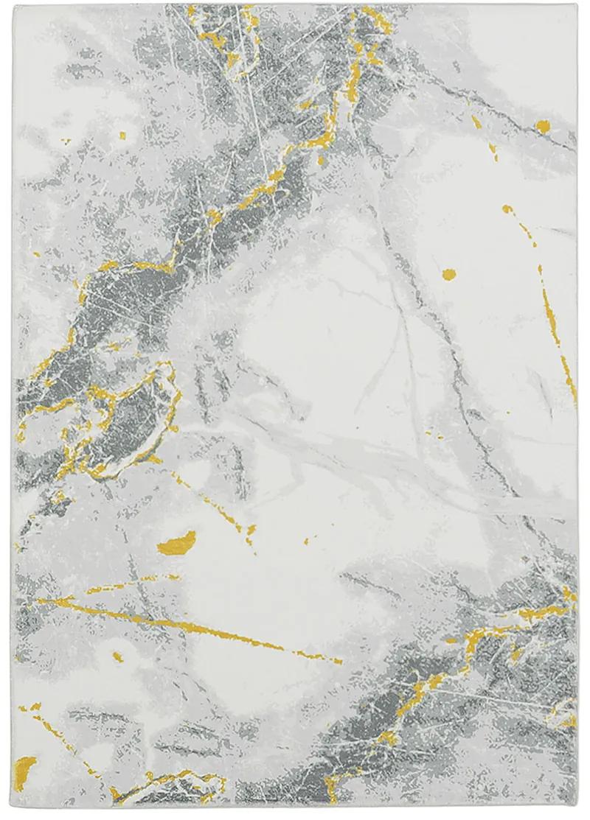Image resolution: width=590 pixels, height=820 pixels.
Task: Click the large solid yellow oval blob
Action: [x=177, y=542]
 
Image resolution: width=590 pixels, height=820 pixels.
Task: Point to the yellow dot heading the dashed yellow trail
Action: [x=507, y=210]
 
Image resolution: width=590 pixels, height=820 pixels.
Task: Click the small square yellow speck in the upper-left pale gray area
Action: [x=122, y=137]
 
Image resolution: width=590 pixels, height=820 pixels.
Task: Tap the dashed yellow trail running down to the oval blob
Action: [x=214, y=501]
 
